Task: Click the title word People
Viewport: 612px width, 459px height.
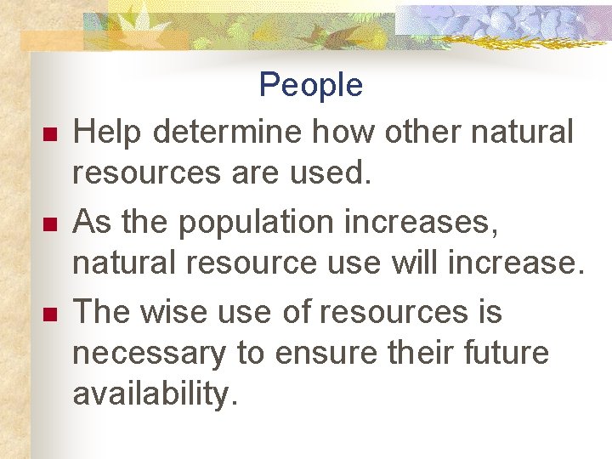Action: coord(310,85)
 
